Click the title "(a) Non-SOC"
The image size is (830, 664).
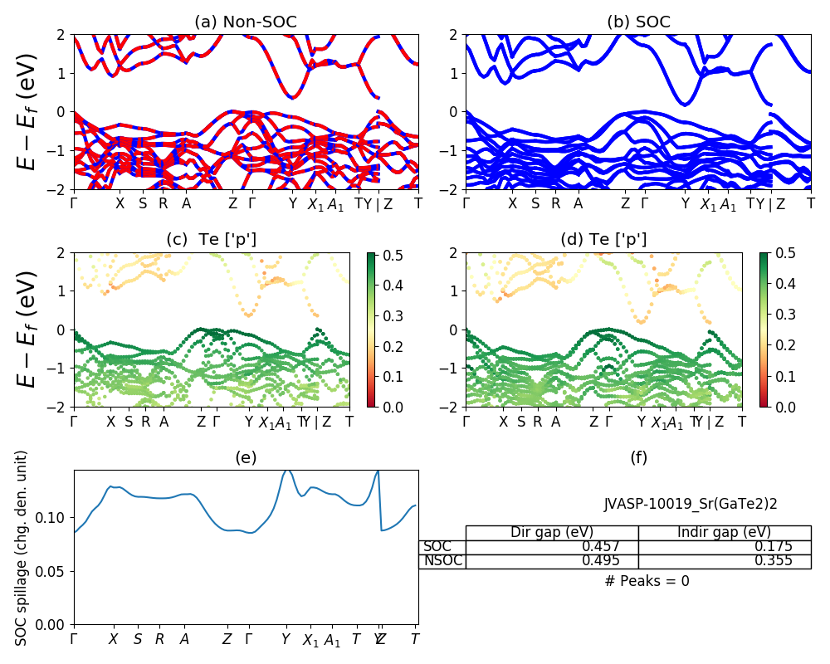click(246, 22)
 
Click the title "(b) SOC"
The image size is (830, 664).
click(638, 22)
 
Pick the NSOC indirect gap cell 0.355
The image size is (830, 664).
click(775, 561)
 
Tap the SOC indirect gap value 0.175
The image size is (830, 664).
click(775, 547)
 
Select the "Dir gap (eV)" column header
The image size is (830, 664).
click(552, 533)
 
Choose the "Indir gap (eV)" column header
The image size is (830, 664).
click(724, 533)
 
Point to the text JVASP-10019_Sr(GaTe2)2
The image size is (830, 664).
click(691, 504)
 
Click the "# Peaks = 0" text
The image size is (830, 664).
click(647, 582)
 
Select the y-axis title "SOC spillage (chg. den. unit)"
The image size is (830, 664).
click(22, 548)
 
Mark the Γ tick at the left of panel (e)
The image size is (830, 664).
click(74, 639)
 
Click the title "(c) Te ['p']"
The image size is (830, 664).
click(212, 240)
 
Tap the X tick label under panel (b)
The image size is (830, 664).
click(512, 204)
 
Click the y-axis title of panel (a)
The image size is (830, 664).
click(27, 111)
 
